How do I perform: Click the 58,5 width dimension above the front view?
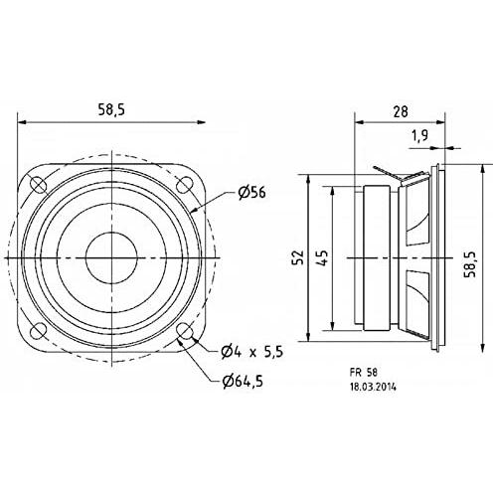[111, 109]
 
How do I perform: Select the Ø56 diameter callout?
[251, 192]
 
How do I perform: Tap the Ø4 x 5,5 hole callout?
[252, 352]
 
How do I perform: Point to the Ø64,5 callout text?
[243, 382]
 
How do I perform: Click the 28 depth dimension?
[401, 111]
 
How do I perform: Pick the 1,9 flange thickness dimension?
[420, 135]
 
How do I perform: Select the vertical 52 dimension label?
[298, 257]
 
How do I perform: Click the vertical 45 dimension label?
[322, 257]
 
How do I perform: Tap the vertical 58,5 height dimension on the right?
[470, 264]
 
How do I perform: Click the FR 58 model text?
[364, 373]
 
